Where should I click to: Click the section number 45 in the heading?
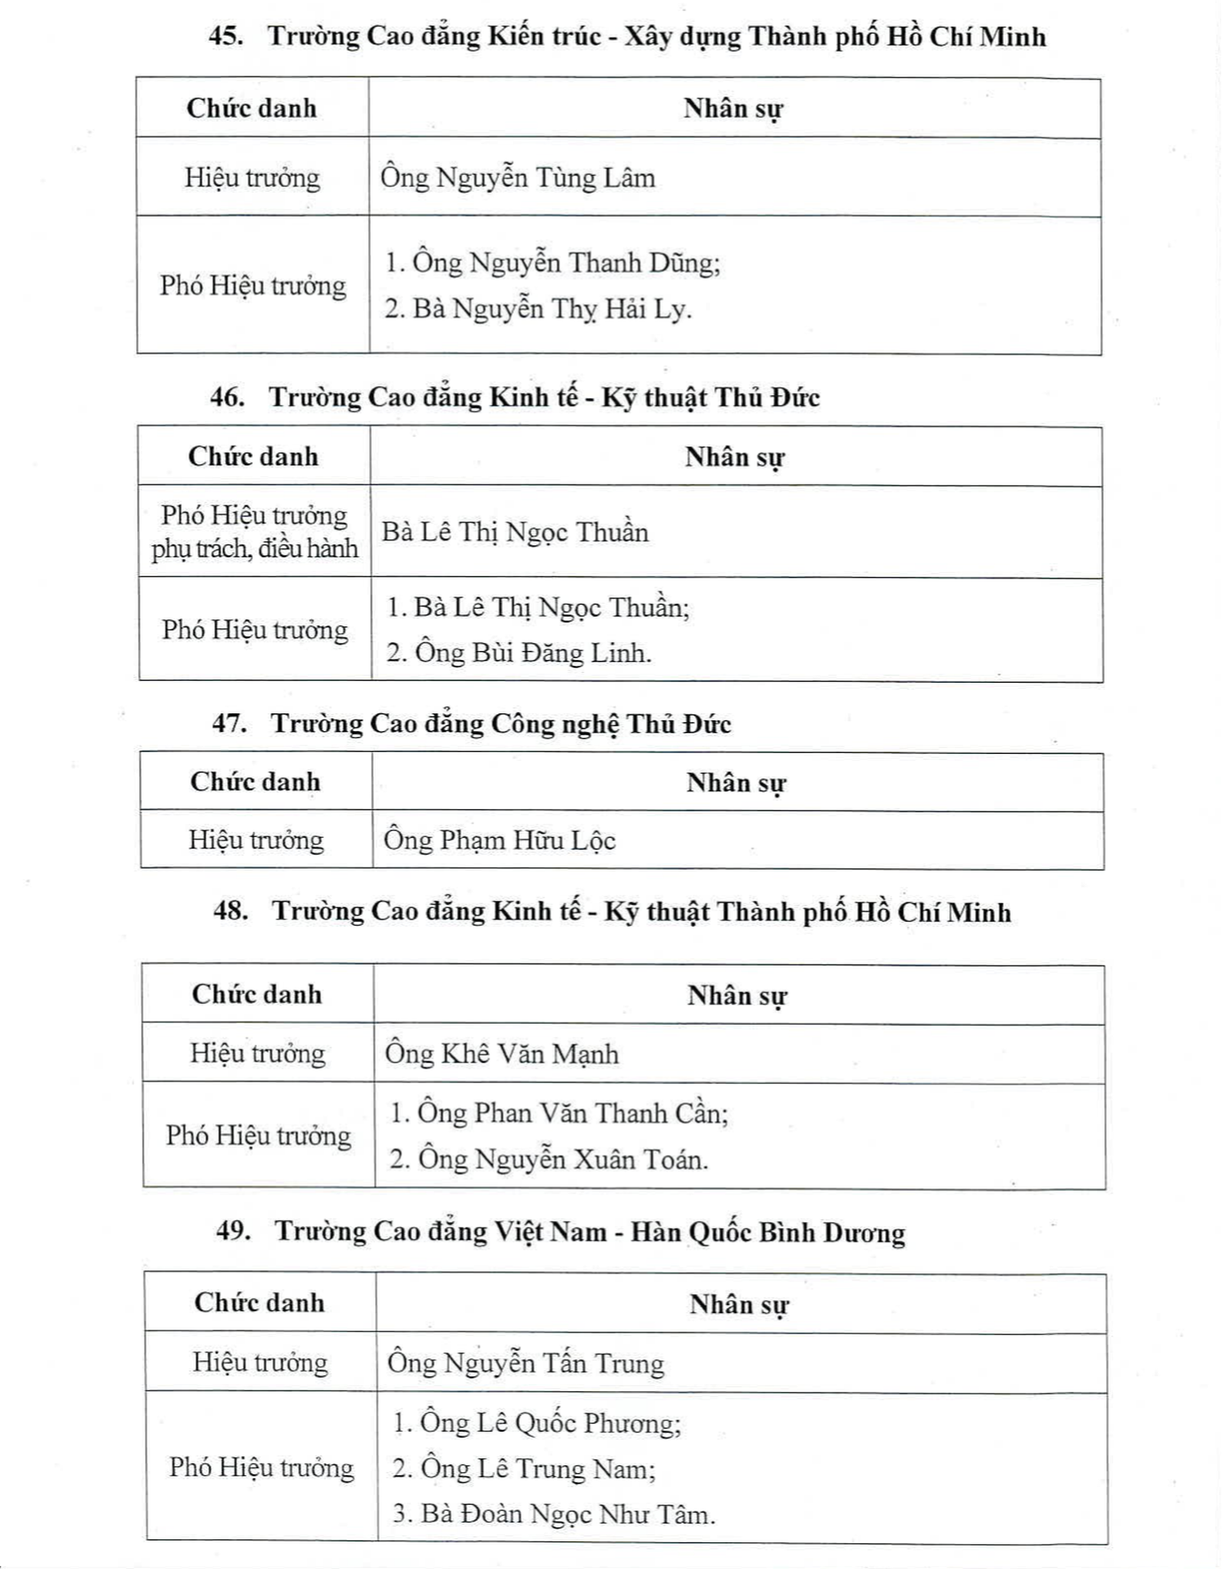point(226,37)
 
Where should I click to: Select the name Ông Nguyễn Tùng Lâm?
point(518,178)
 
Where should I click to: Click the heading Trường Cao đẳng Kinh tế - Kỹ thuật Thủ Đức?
point(544,397)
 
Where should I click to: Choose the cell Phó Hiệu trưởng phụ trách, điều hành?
point(254,532)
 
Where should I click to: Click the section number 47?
point(228,723)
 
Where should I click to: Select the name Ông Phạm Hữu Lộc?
point(499,840)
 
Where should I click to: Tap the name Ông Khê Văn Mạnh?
point(502,1054)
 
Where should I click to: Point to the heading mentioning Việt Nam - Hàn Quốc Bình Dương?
point(590,1231)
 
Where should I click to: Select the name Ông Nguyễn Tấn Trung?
point(525,1364)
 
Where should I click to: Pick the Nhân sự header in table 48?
point(737,995)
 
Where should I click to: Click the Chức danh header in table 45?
point(252,108)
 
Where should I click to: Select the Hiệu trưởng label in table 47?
point(257,840)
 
